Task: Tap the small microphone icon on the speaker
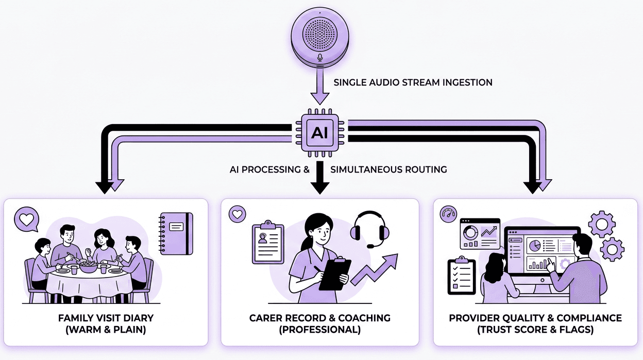coord(320,58)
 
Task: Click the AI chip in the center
coord(319,132)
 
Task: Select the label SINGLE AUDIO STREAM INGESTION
coord(413,82)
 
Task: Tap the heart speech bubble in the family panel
coord(26,219)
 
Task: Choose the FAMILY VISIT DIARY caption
coord(106,318)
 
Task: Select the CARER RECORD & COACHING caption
coord(319,318)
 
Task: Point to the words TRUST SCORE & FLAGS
coord(535,330)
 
